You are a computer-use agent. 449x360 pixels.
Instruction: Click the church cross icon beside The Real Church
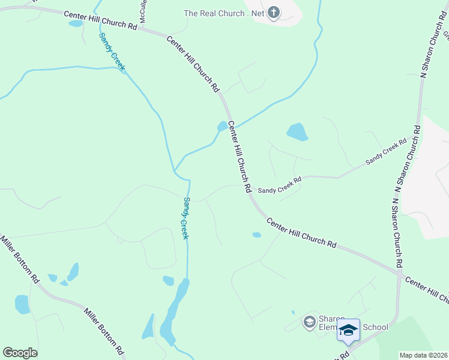274,13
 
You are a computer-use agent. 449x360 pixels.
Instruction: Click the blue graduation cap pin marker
348,331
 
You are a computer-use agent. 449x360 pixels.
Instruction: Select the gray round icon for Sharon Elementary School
309,322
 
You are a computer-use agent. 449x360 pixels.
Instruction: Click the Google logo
20,353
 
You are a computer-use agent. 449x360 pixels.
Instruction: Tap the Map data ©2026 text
423,355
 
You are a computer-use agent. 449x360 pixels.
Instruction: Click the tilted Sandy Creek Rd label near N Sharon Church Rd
386,152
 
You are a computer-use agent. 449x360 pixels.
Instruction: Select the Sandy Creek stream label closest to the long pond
186,218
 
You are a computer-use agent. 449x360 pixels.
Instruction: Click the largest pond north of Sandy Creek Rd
297,131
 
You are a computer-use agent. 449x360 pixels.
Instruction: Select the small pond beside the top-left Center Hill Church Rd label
76,24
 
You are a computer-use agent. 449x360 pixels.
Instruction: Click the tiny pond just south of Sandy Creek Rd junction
257,235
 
